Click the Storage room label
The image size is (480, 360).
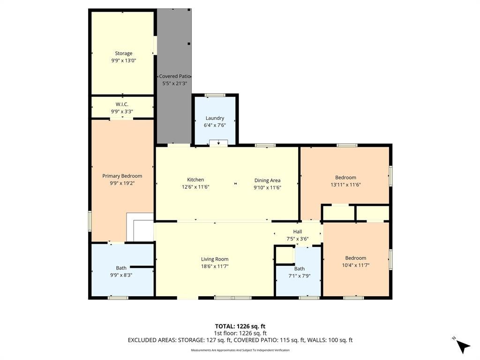point(123,53)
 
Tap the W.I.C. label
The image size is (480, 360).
point(122,105)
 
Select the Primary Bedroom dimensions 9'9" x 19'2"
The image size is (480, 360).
point(122,183)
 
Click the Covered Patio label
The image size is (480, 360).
point(175,76)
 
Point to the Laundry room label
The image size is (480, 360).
point(215,118)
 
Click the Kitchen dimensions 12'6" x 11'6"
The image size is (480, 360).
point(195,187)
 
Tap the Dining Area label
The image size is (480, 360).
point(267,180)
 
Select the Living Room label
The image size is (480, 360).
point(215,259)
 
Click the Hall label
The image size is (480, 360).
point(297,232)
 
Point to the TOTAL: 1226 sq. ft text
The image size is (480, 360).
point(240,326)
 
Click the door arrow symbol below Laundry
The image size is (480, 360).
point(218,143)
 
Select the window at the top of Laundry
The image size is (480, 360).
point(215,95)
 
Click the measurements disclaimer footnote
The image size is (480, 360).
point(240,350)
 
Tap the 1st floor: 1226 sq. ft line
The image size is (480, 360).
point(240,333)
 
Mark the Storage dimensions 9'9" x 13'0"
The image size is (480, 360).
point(123,60)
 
